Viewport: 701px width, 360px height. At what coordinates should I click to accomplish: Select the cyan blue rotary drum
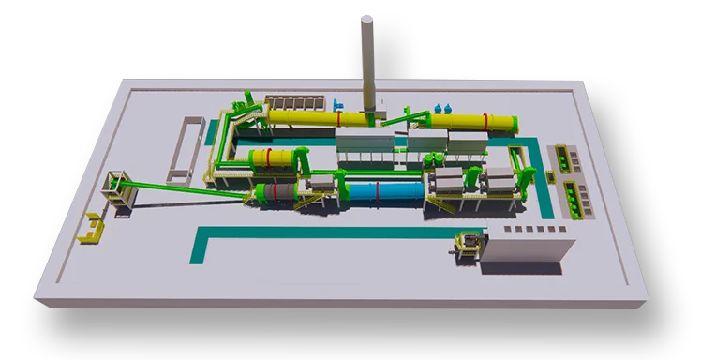click(384, 192)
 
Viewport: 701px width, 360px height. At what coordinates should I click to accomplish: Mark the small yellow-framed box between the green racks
click(568, 179)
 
